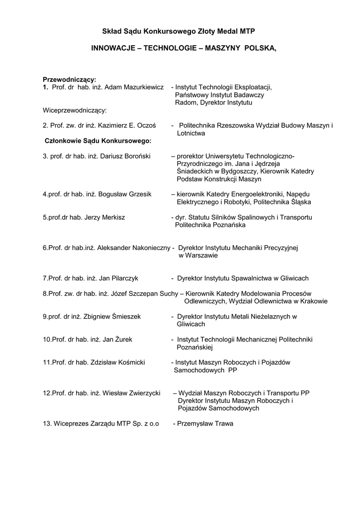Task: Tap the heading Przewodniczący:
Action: click(x=70, y=79)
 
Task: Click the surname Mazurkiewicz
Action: click(x=143, y=87)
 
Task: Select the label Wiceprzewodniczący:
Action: click(x=75, y=110)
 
